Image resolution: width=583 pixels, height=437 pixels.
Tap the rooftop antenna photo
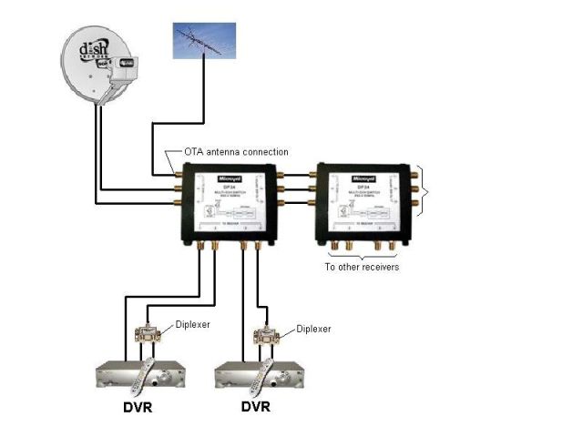tap(204, 42)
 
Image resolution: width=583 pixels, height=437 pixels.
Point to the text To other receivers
tap(362, 268)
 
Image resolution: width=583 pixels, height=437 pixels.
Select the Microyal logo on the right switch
tap(363, 171)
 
